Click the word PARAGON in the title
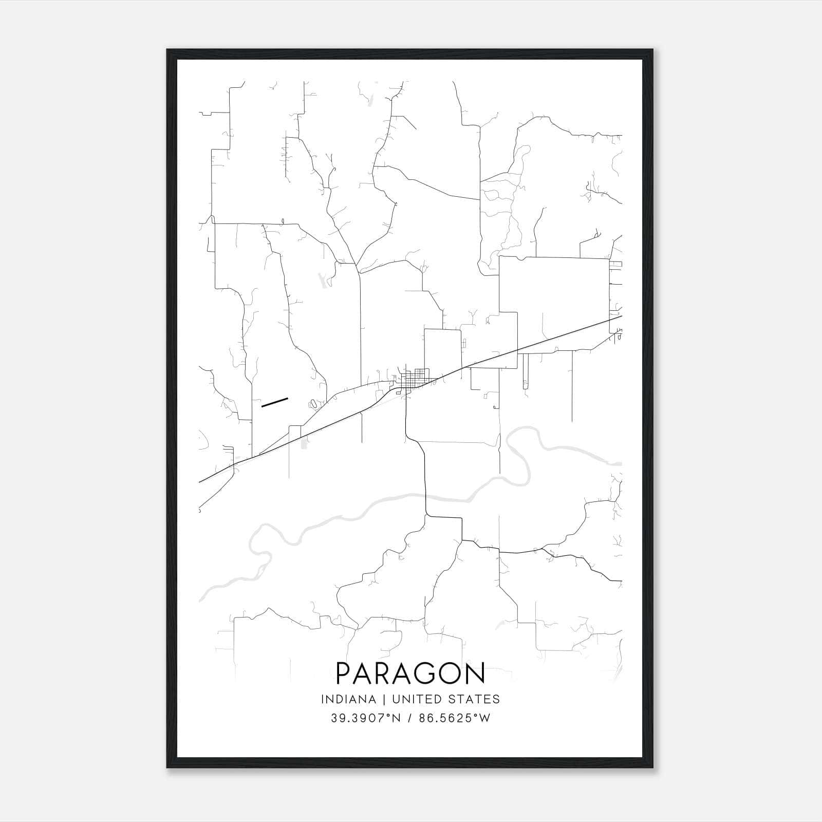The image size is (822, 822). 410,673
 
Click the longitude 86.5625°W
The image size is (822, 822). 455,718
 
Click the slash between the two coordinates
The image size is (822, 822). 409,718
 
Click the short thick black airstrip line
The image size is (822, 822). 274,402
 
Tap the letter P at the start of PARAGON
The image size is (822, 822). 343,673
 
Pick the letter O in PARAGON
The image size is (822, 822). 452,673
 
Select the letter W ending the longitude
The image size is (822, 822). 485,718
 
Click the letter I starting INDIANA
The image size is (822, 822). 322,699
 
